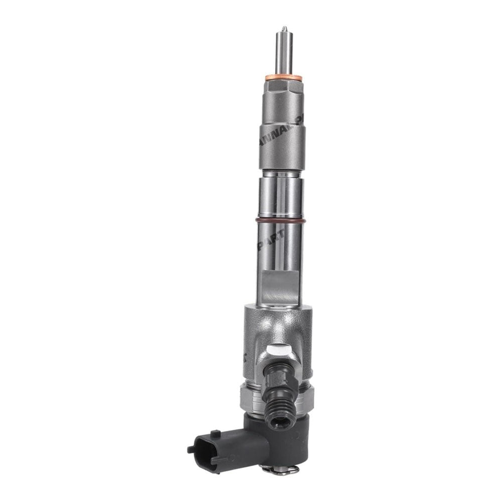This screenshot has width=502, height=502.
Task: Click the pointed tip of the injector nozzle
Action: [x=284, y=28]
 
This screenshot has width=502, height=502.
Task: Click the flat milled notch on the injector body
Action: [x=282, y=286]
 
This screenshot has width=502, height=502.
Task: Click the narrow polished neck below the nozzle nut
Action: [x=281, y=174]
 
